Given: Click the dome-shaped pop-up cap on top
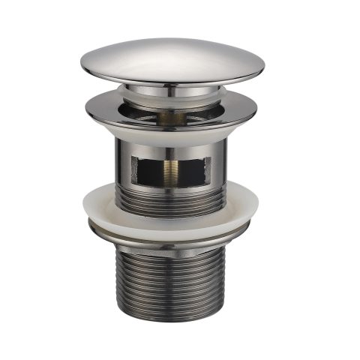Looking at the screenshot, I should (x=172, y=58).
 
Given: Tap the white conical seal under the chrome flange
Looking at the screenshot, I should (x=171, y=135).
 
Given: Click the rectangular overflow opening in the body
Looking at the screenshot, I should (x=171, y=170).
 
